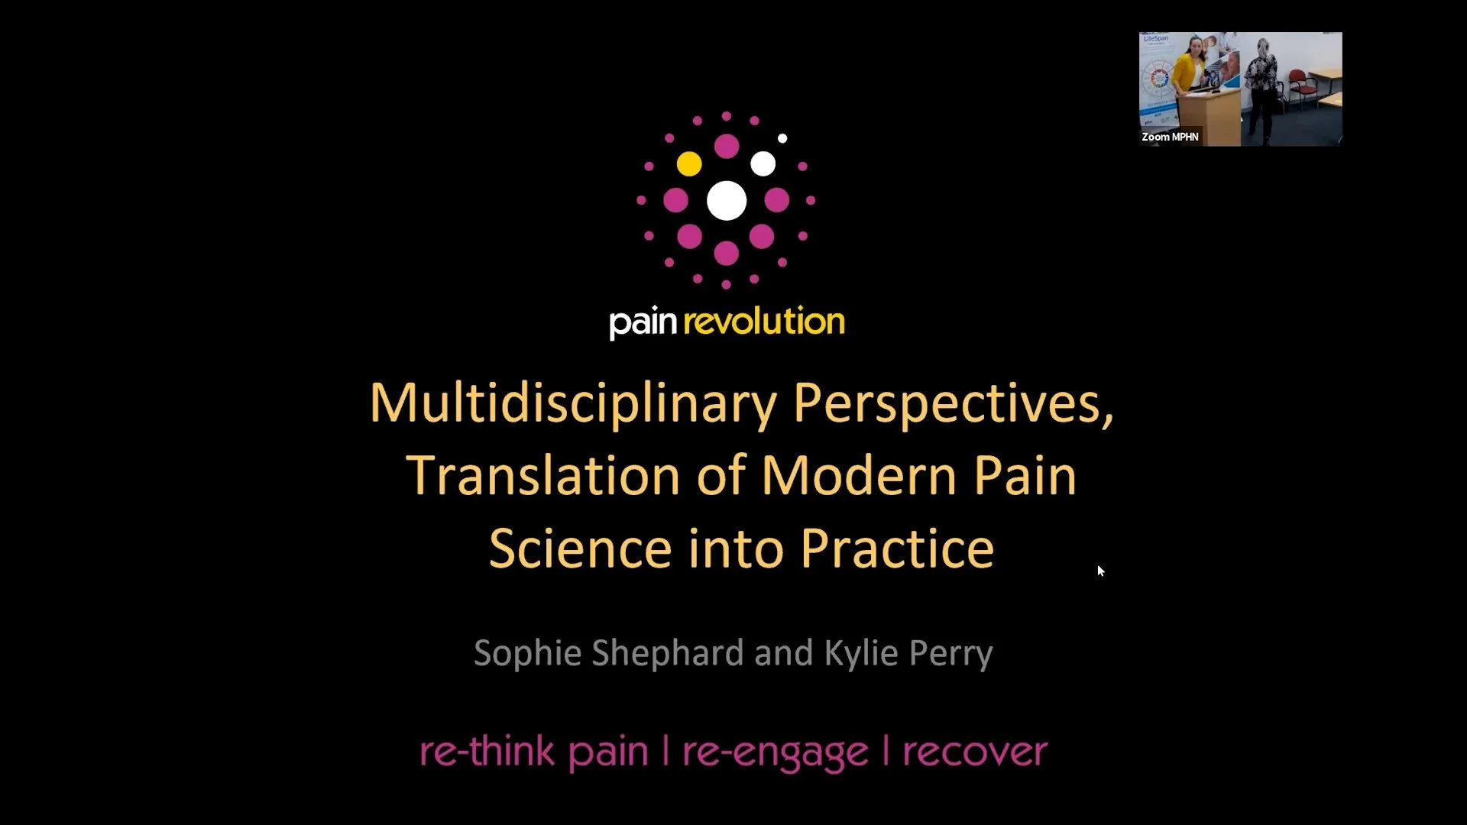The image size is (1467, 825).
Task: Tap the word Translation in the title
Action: click(542, 475)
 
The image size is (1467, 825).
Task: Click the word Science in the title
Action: click(579, 548)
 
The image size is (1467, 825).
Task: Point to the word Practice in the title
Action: click(897, 548)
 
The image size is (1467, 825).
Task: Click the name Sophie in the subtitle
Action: click(532, 653)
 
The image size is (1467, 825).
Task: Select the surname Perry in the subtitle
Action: click(950, 653)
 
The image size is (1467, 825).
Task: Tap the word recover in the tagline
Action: click(974, 752)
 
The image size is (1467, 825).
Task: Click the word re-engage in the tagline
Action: click(775, 752)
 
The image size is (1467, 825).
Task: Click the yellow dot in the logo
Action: click(688, 163)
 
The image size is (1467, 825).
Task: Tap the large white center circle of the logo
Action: click(726, 200)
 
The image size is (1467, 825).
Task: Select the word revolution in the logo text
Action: click(764, 321)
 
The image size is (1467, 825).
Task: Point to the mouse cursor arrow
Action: click(1100, 571)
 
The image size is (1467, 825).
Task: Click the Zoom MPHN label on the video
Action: click(1170, 137)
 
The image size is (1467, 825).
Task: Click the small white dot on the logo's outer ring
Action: click(782, 138)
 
